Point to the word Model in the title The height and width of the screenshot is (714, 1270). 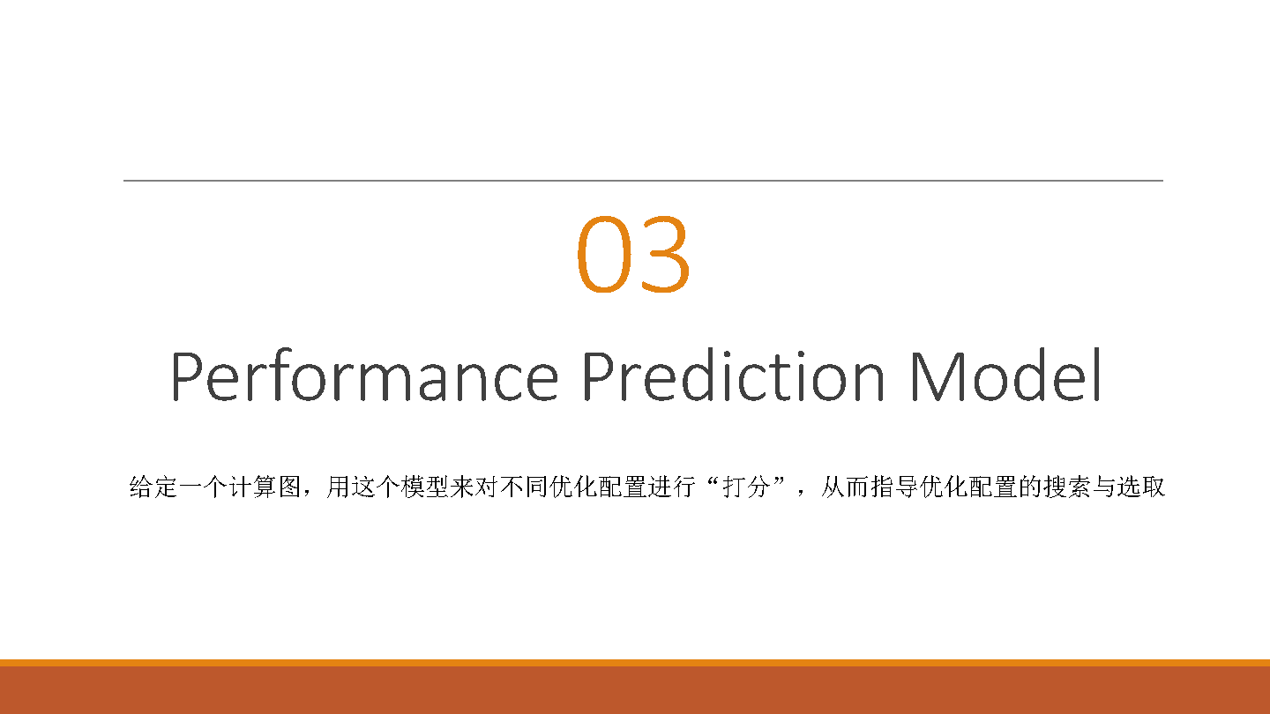coord(1006,375)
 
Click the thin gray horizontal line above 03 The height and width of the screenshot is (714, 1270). coord(644,181)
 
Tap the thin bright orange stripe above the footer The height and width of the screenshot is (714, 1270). coord(635,663)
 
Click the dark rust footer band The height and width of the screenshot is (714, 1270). coord(635,690)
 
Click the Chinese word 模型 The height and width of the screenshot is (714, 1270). coord(425,487)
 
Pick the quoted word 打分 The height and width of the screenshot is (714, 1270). coord(746,487)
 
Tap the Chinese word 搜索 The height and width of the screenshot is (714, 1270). coord(1067,487)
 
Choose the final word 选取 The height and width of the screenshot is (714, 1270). coord(1140,487)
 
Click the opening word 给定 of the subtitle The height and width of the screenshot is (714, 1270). coord(153,487)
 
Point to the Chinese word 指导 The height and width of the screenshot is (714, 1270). coord(894,487)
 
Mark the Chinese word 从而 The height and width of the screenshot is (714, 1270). coord(845,487)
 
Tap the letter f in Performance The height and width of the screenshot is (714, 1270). coord(279,374)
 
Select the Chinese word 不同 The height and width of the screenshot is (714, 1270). coord(524,487)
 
